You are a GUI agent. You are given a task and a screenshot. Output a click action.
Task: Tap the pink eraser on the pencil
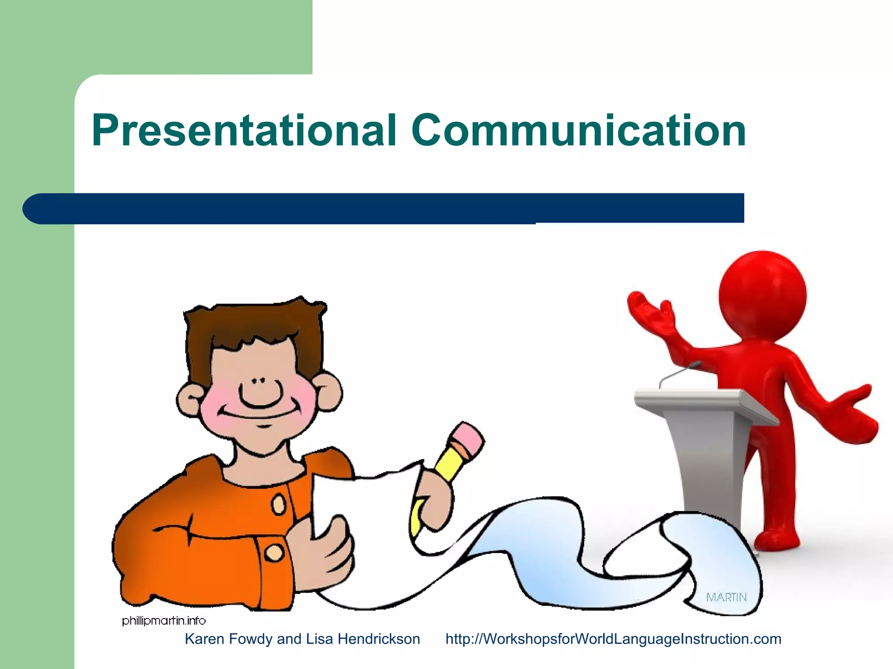click(468, 437)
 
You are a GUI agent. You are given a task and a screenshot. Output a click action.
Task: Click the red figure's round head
click(762, 295)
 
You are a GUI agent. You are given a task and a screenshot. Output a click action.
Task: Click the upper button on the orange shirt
click(278, 505)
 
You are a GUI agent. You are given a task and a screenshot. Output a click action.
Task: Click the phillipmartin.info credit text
click(164, 621)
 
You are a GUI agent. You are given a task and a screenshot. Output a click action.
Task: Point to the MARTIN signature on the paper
click(726, 597)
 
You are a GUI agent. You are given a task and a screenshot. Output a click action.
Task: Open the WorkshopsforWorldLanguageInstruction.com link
click(613, 639)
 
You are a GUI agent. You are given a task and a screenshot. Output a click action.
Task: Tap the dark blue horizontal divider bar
click(384, 208)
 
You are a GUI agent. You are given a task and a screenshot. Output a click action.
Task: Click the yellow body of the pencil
click(449, 464)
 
